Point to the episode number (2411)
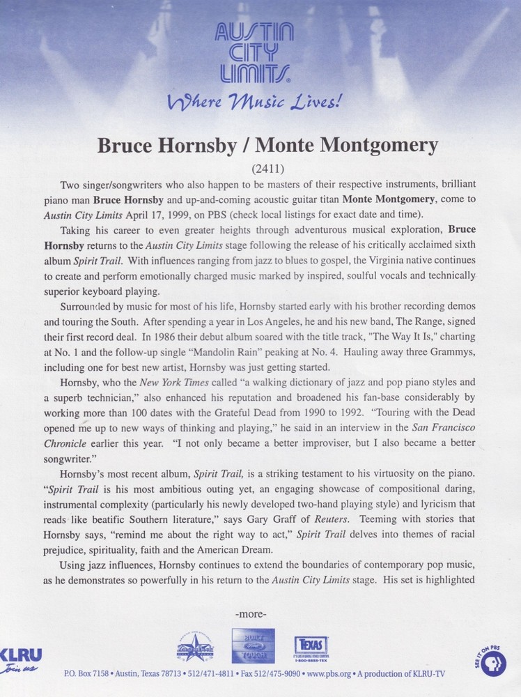tap(261, 168)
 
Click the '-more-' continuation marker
tap(251, 614)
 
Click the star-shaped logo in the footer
tap(195, 648)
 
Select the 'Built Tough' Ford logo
tap(253, 645)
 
